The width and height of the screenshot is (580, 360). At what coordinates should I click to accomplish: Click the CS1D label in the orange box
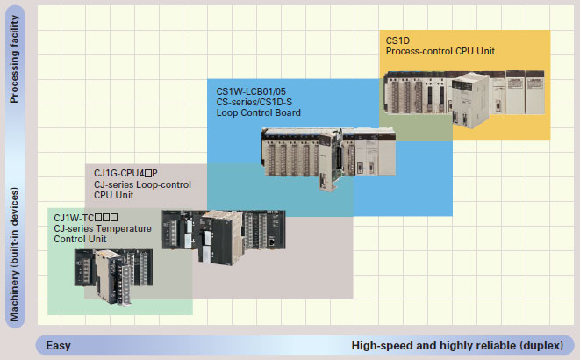coord(397,40)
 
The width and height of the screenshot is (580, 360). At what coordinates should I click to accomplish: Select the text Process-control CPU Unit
coord(440,52)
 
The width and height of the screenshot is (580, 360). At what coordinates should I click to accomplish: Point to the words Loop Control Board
coord(259,112)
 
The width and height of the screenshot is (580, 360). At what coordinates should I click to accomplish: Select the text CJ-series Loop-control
coord(142,185)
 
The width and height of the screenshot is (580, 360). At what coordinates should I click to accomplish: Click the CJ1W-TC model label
coord(85,217)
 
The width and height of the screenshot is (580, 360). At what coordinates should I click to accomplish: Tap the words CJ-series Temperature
coord(103,228)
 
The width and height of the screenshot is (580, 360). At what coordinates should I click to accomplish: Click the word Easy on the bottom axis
coord(59,345)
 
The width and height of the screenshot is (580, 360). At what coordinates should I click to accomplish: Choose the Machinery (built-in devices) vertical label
coord(14,255)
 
